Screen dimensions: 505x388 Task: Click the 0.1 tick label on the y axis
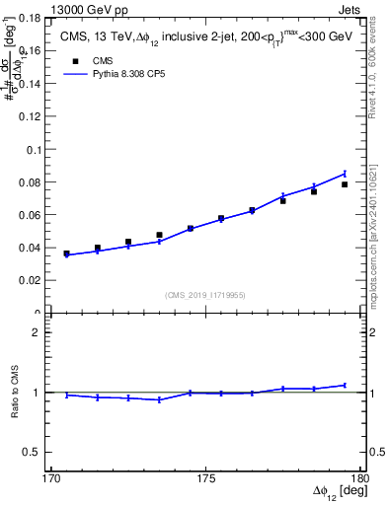(x=36, y=150)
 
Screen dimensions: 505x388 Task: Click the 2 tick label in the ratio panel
(x=40, y=332)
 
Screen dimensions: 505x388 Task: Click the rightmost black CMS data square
(x=345, y=184)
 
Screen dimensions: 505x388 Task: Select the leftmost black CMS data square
(x=66, y=253)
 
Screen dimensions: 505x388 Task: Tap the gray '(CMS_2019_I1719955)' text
(x=206, y=294)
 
